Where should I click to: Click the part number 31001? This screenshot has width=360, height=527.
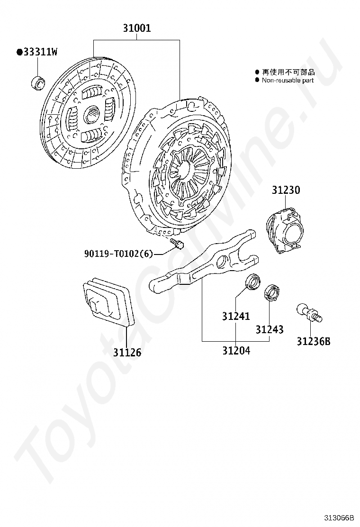pos(137,28)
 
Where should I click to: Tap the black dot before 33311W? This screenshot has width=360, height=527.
pos(19,53)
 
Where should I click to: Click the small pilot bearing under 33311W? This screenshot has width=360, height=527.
pos(37,82)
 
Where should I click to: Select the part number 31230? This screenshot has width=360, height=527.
pos(286,191)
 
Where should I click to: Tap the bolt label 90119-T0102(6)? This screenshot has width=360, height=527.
pos(118,254)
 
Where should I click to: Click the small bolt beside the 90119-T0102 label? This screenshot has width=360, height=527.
pos(177,245)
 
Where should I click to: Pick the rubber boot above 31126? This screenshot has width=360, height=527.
pos(108,301)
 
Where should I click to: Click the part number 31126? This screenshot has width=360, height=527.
pos(127,353)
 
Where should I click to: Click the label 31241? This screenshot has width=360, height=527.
pos(236,316)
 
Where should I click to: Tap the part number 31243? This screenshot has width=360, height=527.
pos(270,329)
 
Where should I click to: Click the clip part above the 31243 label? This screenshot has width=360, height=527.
pos(271,292)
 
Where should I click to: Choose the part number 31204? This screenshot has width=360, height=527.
pos(236,351)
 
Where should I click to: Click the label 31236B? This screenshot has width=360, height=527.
pos(314,341)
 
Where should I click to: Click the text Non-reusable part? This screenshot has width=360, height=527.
pos(288,81)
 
